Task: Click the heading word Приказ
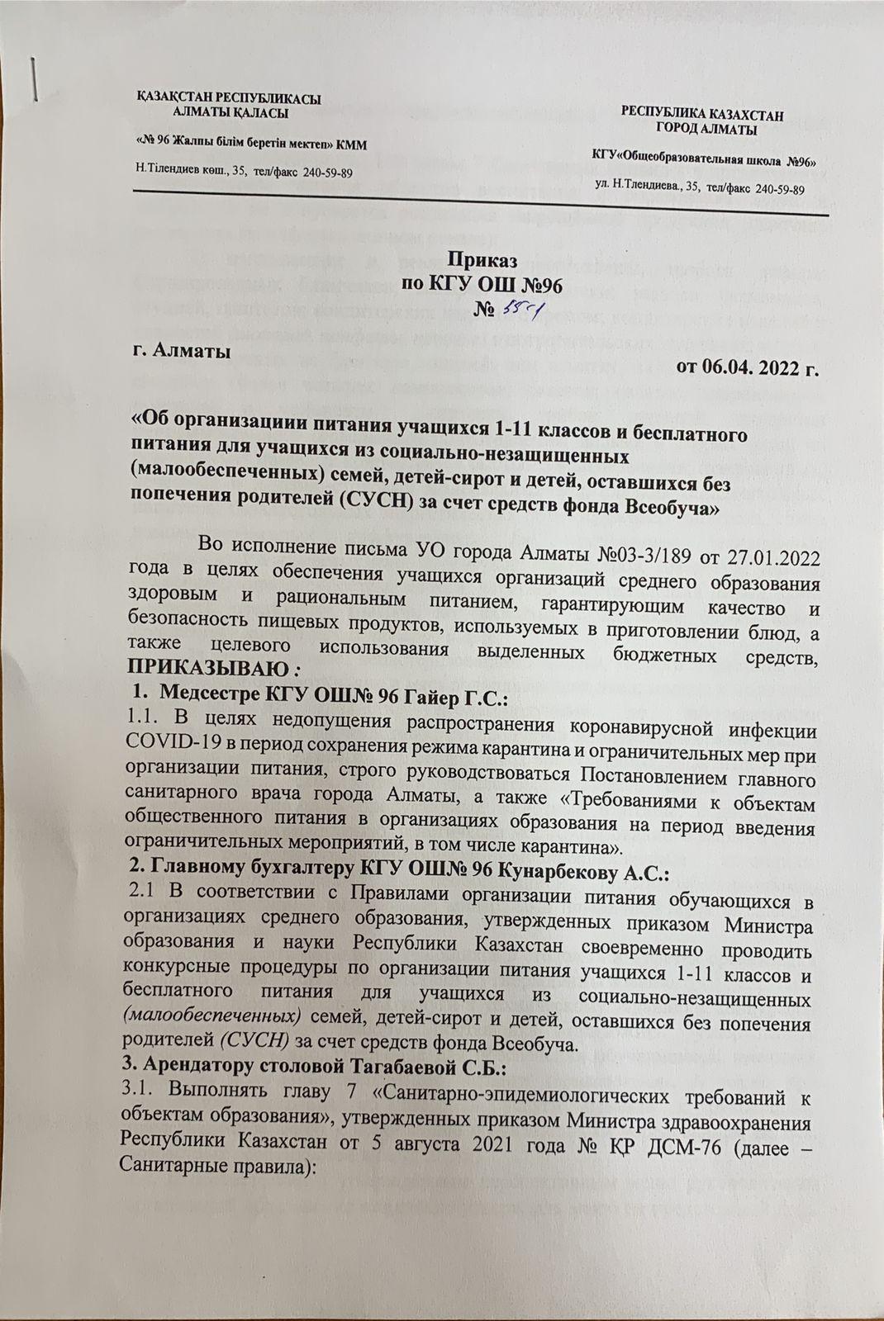[x=482, y=260]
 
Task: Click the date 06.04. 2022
[x=748, y=368]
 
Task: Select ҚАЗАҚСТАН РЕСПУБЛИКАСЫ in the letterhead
[x=228, y=99]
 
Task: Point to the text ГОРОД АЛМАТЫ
[x=703, y=130]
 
